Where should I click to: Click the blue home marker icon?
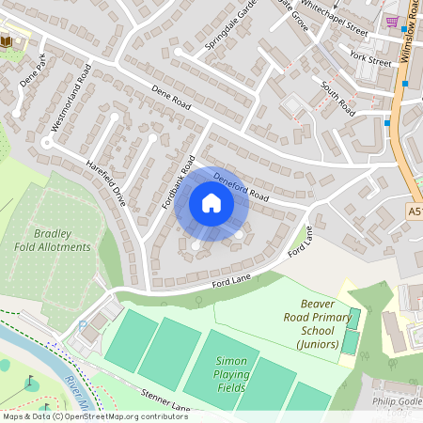point(211,202)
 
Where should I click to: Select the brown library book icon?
point(8,40)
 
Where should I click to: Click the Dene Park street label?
point(34,72)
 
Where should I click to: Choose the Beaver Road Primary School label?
point(324,324)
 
